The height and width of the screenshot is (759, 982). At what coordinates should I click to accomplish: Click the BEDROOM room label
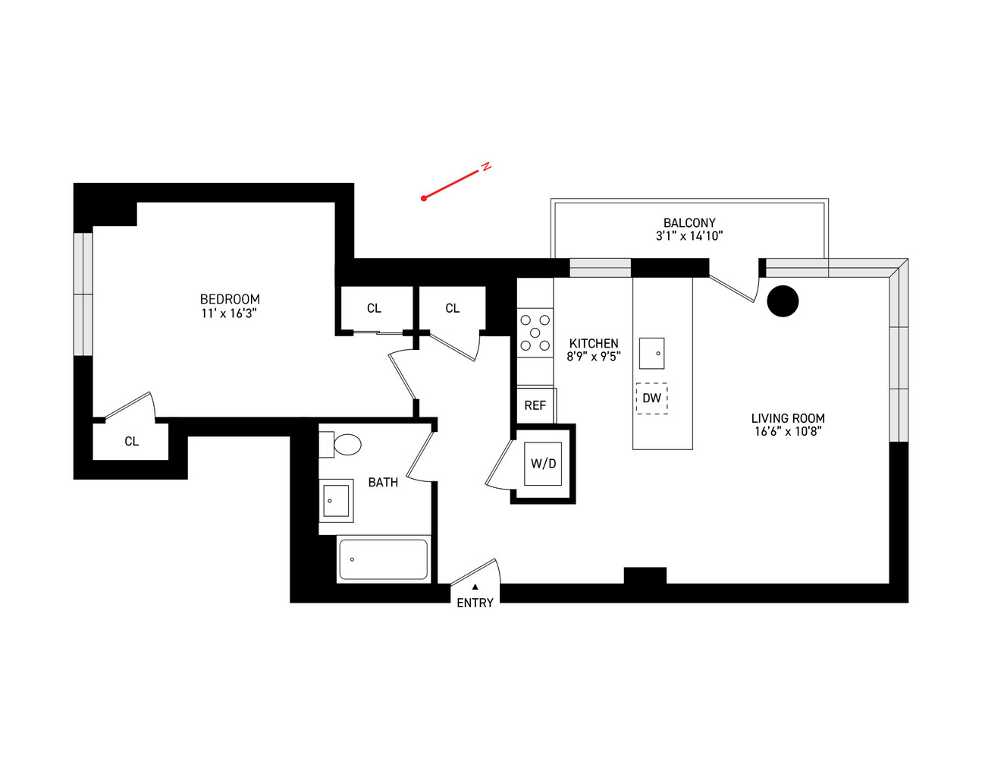coord(230,299)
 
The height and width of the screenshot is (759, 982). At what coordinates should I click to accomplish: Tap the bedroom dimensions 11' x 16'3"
coord(230,313)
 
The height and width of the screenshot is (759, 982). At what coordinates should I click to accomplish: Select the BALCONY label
coord(689,222)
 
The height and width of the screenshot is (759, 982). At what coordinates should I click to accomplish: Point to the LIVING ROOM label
coord(788,418)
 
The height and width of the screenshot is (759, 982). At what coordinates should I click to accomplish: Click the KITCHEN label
coord(594,343)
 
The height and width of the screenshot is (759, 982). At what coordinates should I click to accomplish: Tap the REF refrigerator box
coord(535,405)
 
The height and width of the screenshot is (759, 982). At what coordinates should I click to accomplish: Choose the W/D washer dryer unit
coord(543,464)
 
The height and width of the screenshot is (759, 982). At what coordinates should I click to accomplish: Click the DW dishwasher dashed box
coord(651,398)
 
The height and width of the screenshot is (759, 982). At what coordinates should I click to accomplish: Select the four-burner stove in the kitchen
coord(535,332)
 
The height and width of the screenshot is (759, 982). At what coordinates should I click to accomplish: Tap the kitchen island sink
coord(651,353)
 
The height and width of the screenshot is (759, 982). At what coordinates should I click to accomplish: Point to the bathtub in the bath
coord(383,559)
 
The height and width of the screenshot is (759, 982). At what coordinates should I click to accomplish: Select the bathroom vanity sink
coord(336,501)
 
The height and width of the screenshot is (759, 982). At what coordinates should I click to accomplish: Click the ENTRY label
coord(475,603)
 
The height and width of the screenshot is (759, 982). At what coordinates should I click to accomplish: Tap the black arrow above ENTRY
coord(475,587)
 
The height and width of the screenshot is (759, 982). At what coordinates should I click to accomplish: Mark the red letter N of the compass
coord(487,166)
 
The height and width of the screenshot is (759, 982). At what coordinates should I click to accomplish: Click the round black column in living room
coord(783,301)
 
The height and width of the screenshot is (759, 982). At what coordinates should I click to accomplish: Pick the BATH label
coord(383,482)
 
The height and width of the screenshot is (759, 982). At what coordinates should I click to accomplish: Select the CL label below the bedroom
coord(132,441)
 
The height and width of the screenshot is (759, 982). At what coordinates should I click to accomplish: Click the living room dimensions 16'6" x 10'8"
coord(788,432)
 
